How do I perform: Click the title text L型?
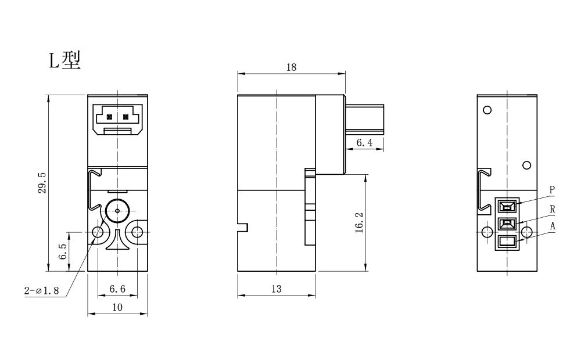point(65,60)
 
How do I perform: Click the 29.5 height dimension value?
point(42,182)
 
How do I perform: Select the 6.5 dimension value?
point(63,251)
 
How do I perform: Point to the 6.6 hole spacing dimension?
point(117,289)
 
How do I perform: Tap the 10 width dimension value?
point(117,307)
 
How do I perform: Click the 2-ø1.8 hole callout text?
point(41,290)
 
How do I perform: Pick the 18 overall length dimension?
point(291,67)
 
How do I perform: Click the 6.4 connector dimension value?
point(365,143)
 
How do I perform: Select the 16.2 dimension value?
point(359,222)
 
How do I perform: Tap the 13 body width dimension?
point(277,289)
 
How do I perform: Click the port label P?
point(552,190)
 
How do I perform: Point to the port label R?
point(553,209)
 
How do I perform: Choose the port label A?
point(553,226)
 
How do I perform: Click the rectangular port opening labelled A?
point(507,242)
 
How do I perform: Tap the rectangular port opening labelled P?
point(507,206)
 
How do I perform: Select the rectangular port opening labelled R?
point(507,224)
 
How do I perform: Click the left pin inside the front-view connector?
point(109,117)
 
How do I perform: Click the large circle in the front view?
point(117,211)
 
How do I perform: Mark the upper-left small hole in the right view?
point(487,110)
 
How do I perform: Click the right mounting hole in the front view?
point(137,232)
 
